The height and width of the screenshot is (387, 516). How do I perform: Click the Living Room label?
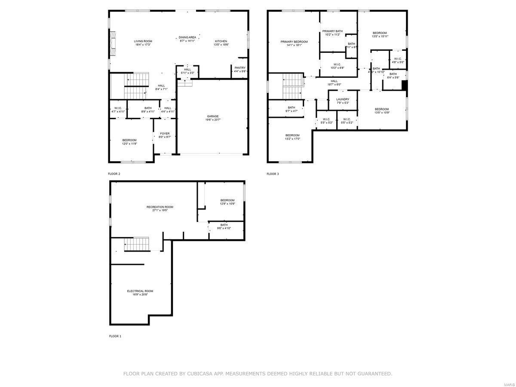(143, 41)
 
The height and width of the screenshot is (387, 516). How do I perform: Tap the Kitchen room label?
(221, 41)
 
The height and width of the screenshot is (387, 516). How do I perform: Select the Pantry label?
(240, 68)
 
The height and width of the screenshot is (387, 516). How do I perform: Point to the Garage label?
(213, 116)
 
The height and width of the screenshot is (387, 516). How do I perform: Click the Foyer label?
(165, 134)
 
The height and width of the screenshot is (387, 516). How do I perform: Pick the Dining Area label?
(187, 37)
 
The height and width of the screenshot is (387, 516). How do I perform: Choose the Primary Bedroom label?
(294, 42)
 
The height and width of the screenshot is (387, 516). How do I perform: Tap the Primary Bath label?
(332, 31)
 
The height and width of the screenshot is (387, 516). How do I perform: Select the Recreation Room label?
(160, 207)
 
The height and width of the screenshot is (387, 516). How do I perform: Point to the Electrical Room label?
(140, 291)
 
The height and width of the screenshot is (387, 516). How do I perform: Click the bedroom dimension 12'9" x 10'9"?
(227, 204)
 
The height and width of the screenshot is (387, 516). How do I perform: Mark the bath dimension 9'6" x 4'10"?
(224, 228)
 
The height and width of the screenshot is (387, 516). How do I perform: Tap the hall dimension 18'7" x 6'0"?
(334, 84)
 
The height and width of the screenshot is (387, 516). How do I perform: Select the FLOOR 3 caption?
(273, 174)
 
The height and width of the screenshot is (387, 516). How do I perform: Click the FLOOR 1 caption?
(115, 336)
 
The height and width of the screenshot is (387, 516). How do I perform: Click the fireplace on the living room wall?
(113, 43)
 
